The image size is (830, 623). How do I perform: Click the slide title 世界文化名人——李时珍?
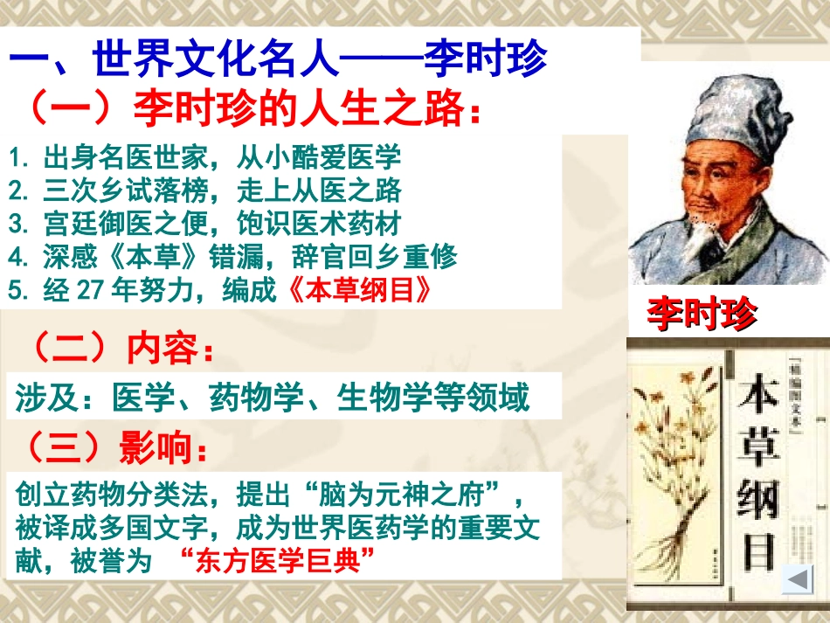(x=278, y=60)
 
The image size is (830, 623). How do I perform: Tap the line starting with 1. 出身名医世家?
(x=204, y=158)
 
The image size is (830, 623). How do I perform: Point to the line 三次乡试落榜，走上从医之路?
(x=204, y=190)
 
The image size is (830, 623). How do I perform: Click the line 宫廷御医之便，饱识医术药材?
(x=204, y=224)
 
